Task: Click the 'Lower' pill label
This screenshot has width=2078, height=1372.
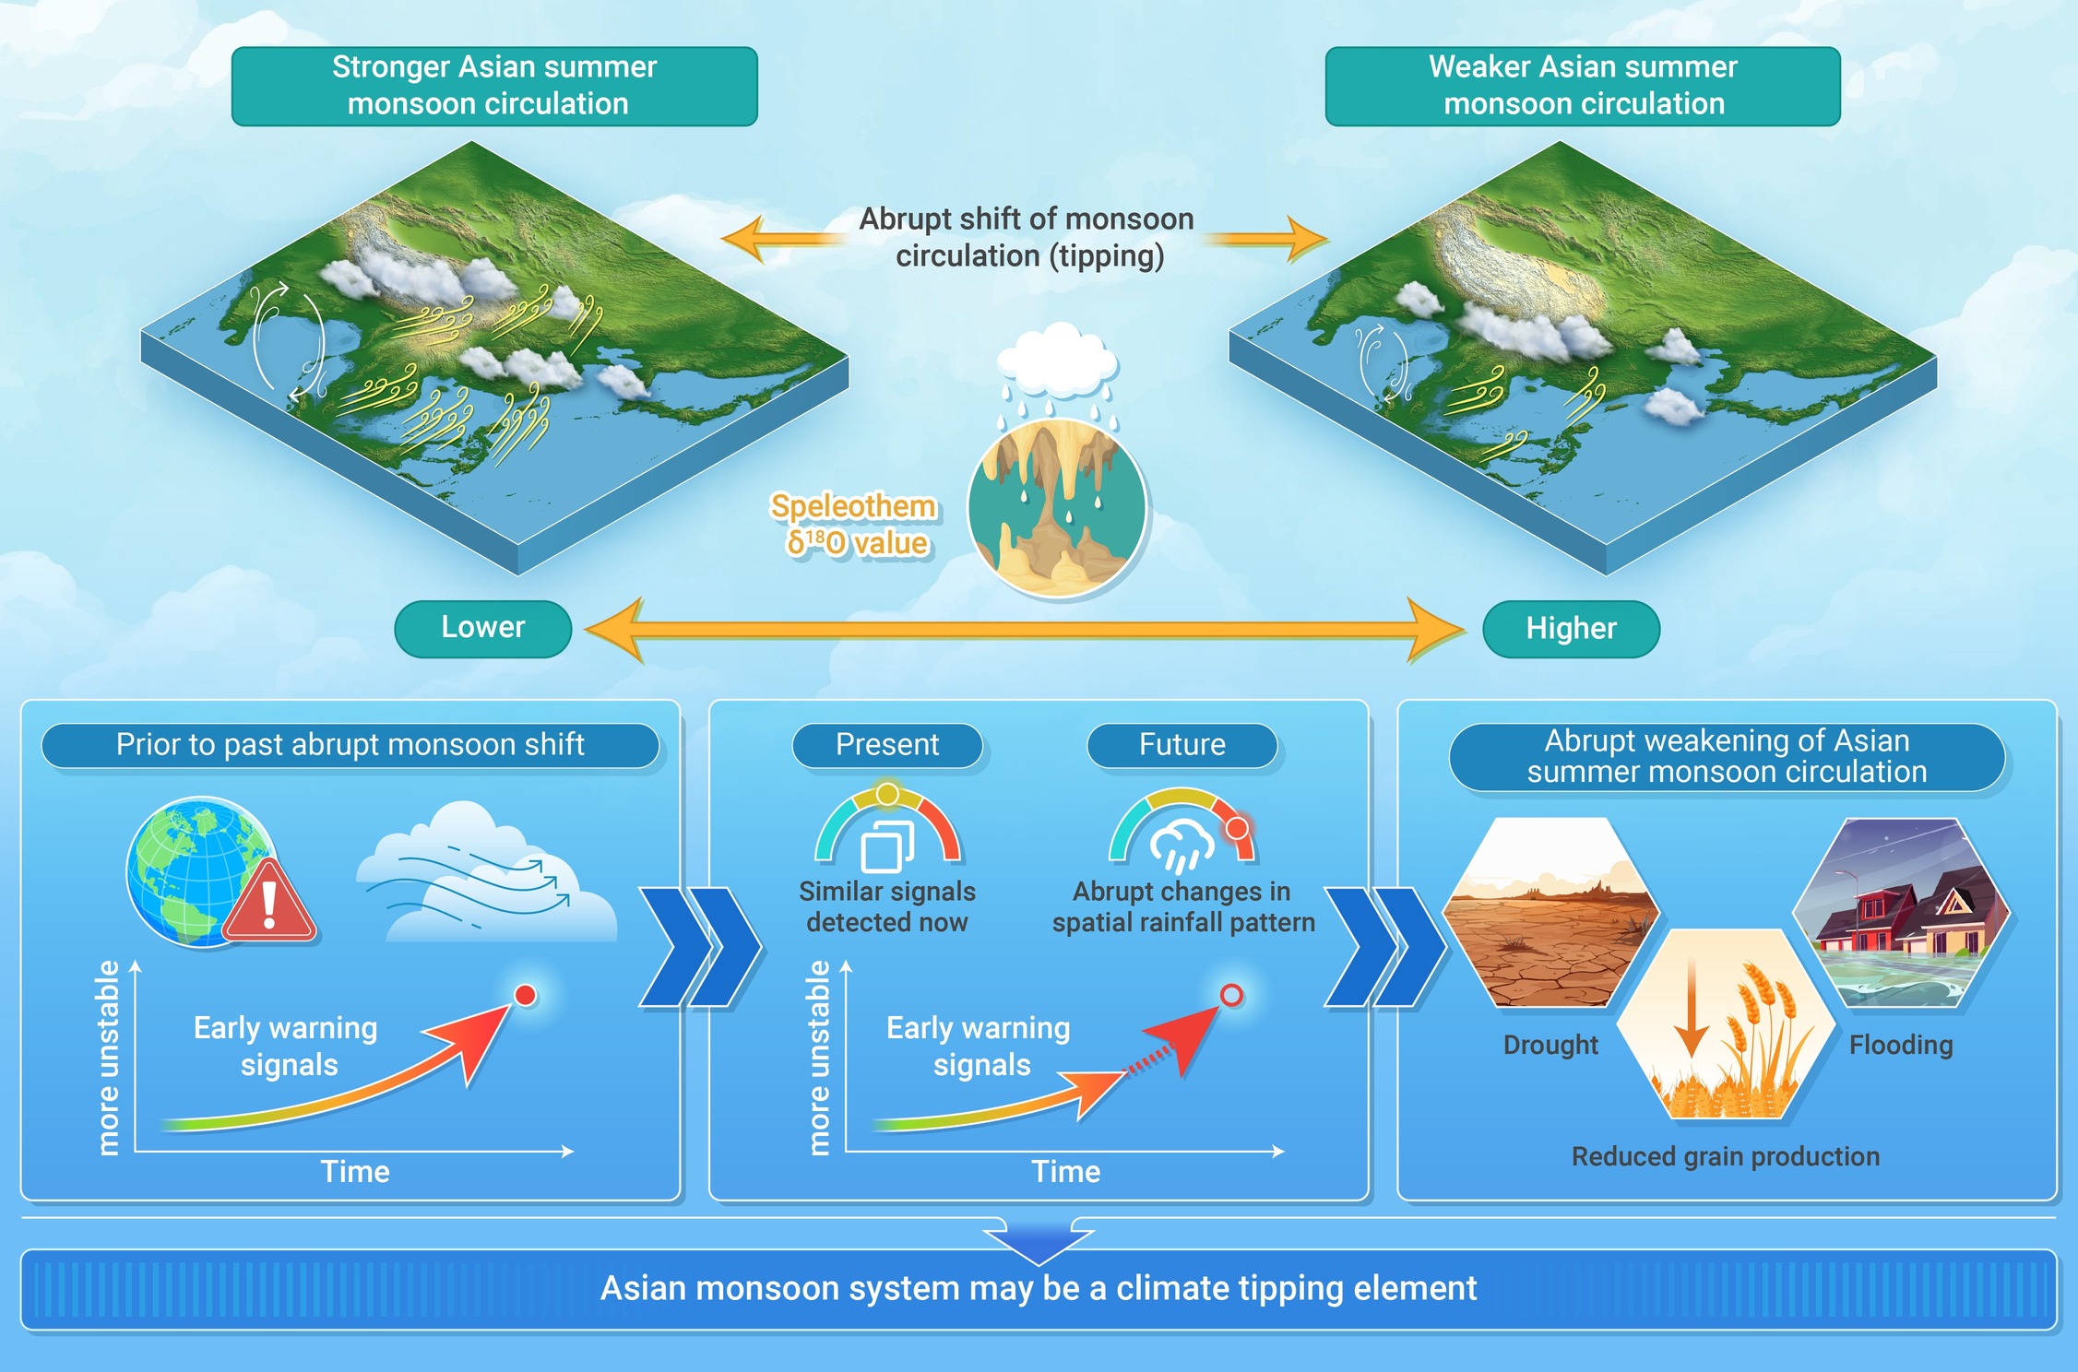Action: click(482, 628)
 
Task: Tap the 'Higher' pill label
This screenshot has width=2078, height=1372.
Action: click(1571, 629)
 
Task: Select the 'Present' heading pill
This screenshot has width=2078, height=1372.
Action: click(887, 745)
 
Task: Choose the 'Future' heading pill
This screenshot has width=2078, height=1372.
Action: click(1182, 745)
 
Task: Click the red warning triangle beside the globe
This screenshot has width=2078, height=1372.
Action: click(269, 902)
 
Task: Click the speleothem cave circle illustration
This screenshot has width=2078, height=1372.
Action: click(1057, 507)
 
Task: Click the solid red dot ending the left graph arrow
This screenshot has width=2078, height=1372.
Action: click(526, 995)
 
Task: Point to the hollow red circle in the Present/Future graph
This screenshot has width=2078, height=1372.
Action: click(1231, 995)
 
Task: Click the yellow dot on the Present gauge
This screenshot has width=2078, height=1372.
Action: click(887, 794)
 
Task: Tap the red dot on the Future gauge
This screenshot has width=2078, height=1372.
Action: click(1237, 827)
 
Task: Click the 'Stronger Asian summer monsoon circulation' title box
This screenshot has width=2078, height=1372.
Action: click(494, 86)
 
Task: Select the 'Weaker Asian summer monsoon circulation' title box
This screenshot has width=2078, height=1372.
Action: click(1583, 86)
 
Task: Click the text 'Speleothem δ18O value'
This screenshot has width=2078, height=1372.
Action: click(854, 525)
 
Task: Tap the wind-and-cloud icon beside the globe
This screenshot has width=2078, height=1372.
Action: click(486, 876)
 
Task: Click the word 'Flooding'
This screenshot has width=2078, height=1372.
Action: click(1901, 1045)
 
